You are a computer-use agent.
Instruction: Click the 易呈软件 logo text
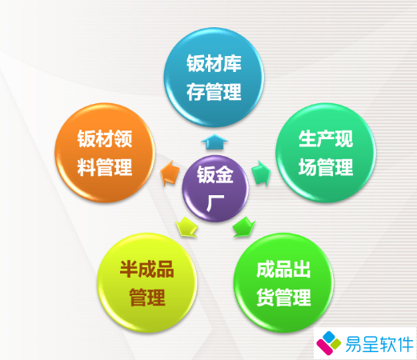[376, 342]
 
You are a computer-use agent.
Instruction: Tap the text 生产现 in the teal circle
[315, 141]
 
